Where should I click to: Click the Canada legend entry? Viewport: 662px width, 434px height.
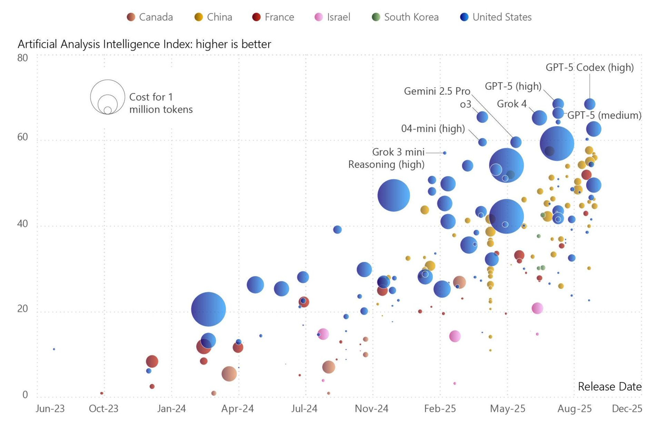coord(150,17)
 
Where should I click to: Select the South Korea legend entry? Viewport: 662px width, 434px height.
coord(405,17)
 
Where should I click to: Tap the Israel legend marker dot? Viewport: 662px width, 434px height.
coord(319,17)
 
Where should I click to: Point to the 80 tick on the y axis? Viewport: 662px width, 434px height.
coord(23,58)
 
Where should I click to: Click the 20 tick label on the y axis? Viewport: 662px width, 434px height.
coord(23,309)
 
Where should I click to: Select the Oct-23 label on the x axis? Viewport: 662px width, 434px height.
coord(103,409)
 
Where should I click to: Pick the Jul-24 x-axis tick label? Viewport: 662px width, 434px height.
coord(305,409)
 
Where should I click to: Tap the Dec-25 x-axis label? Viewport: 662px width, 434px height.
coord(627,409)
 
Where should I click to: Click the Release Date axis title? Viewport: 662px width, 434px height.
coord(609,386)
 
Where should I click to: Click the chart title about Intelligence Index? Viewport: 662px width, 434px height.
coord(144,44)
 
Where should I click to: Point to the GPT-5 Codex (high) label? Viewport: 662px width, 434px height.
coord(590,67)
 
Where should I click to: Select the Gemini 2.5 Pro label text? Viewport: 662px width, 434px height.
coord(437,91)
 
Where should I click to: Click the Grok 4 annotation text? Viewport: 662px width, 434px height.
coord(511,104)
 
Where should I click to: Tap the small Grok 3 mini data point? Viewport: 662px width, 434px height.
coord(445,153)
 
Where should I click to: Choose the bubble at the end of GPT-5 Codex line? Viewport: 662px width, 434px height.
coord(590,104)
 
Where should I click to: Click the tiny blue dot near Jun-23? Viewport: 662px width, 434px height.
coord(54,349)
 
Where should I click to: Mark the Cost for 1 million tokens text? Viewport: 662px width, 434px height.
coord(161,103)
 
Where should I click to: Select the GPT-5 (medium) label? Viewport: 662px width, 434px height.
coord(604,115)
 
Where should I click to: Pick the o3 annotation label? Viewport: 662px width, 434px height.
coord(465,104)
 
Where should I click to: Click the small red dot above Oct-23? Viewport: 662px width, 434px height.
coord(102,393)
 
